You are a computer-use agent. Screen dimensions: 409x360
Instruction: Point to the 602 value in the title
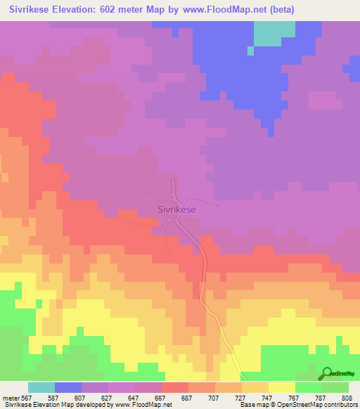tap(125, 10)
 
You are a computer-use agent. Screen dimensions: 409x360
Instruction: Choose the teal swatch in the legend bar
tap(41, 387)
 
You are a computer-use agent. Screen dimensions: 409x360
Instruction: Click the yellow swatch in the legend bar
tap(282, 387)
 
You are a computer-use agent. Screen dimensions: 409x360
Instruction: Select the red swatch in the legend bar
tap(175, 387)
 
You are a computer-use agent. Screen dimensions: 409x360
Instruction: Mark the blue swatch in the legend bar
tap(68, 387)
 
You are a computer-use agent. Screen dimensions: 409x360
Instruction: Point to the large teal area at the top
tap(274, 32)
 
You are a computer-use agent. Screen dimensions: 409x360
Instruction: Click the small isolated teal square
tap(250, 51)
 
